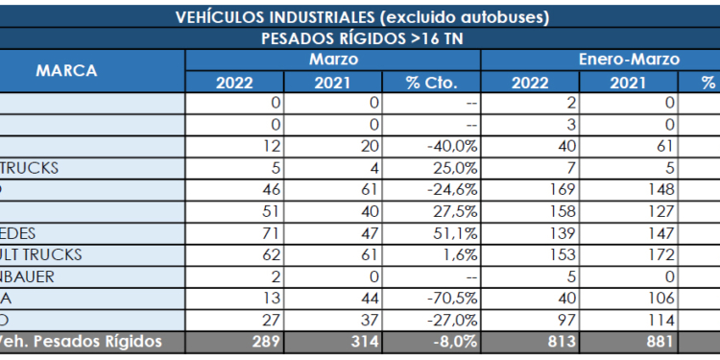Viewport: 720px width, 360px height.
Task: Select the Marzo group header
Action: coord(332,60)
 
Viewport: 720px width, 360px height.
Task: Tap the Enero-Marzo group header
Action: coord(629,60)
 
